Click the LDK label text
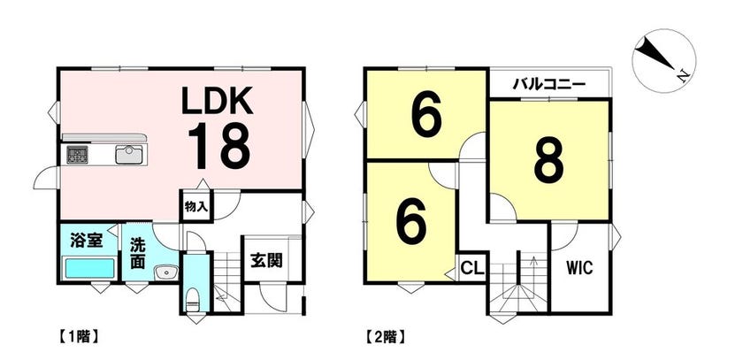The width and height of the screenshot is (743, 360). [218, 101]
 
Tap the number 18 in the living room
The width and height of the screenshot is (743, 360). [219, 146]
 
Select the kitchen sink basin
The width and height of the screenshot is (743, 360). [129, 155]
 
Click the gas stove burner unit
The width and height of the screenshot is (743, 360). [77, 155]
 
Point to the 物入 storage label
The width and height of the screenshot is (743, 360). [194, 207]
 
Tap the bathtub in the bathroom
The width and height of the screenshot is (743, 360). [89, 269]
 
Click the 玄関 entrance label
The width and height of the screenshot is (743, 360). [266, 260]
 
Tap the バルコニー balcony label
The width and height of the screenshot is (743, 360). [549, 86]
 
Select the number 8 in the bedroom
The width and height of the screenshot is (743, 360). [548, 161]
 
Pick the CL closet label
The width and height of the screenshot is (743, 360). [472, 269]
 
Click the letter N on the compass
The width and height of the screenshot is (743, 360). [683, 75]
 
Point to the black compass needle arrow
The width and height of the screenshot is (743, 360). [656, 54]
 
